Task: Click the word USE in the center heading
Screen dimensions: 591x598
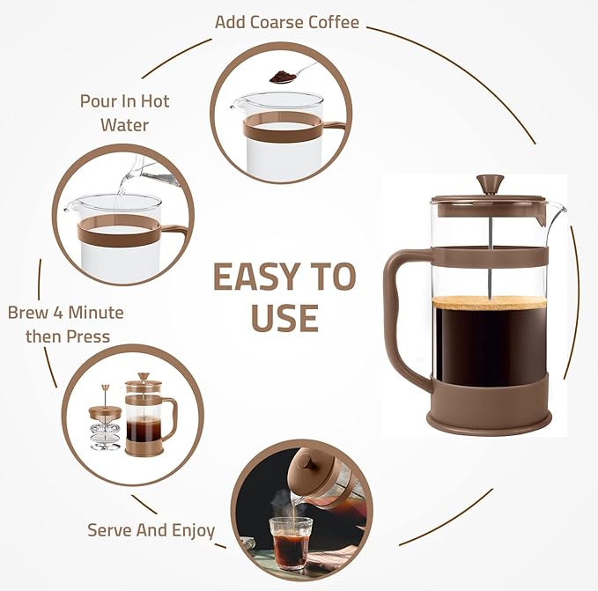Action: (284, 317)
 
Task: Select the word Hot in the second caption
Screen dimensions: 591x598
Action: (151, 100)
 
